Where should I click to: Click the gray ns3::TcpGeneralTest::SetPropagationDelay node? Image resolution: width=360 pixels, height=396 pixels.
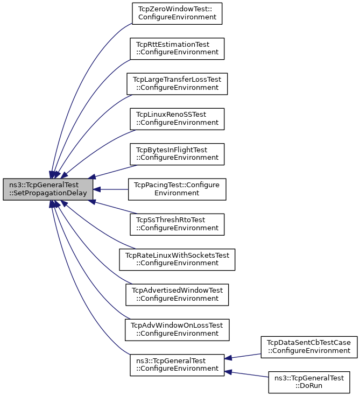[48, 189]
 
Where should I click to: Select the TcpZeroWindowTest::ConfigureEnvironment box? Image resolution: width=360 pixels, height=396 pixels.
[177, 13]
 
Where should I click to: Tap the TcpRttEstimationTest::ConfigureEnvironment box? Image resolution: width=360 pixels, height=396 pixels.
[177, 49]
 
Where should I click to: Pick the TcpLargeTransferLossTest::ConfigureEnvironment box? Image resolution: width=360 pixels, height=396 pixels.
[177, 84]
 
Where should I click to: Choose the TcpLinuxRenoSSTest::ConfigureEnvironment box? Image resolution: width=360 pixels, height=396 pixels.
[177, 119]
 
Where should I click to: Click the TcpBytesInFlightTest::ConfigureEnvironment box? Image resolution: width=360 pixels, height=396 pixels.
[177, 154]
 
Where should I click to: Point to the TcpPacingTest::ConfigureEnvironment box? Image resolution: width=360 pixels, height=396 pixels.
[177, 189]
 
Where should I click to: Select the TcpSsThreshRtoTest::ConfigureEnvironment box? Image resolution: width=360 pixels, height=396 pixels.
[177, 224]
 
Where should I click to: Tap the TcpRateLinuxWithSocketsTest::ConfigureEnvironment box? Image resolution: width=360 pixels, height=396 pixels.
[177, 260]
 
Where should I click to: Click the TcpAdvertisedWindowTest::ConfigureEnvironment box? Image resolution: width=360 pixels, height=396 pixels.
[177, 295]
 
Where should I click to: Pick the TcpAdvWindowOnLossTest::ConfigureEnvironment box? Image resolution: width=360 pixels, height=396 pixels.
[177, 330]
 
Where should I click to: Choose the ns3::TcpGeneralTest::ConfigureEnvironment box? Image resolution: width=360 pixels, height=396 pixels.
[177, 365]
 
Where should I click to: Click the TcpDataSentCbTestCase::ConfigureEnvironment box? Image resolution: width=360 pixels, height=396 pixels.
[309, 347]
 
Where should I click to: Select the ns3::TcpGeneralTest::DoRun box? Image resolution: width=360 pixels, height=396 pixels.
[309, 382]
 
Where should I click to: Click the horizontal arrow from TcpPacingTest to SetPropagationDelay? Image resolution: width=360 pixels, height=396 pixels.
[111, 189]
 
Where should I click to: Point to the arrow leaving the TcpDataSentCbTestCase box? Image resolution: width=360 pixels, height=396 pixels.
[243, 356]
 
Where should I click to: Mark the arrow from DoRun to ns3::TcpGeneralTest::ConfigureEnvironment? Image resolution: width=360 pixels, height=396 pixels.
[246, 374]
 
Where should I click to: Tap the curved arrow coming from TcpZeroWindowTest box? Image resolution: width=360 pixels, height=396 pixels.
[76, 83]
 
